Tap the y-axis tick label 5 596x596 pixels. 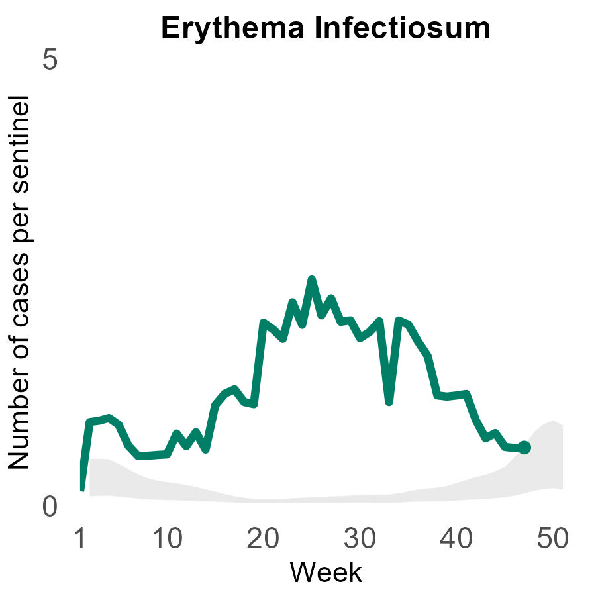click(50, 60)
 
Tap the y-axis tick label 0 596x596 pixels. click(50, 507)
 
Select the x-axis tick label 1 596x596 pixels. click(80, 540)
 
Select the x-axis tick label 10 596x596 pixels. click(169, 540)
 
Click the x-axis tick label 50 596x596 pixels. click(552, 540)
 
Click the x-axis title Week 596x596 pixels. click(326, 572)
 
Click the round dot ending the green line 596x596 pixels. click(524, 448)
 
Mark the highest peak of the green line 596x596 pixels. click(311, 280)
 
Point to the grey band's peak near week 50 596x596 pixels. click(552, 422)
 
